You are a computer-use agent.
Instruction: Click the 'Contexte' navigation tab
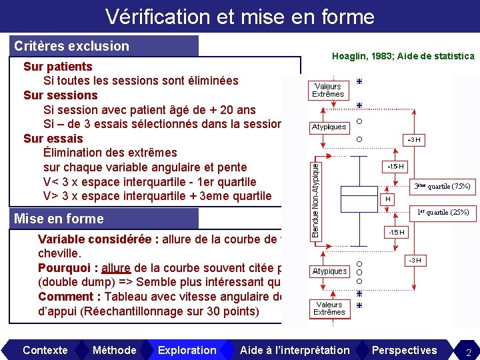click(45, 350)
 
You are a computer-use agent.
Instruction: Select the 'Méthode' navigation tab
click(114, 350)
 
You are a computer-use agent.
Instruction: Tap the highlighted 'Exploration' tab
click(187, 350)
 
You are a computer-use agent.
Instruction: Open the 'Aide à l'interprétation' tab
click(294, 350)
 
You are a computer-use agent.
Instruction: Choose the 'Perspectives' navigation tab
click(404, 350)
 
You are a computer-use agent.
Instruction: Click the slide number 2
click(468, 351)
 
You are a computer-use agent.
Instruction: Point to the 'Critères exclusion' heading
click(72, 46)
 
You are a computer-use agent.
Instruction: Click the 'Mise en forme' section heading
click(59, 219)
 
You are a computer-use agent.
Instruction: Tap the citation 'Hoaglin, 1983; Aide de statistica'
click(403, 57)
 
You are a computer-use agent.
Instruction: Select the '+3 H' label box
click(413, 140)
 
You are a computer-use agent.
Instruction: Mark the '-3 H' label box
click(413, 259)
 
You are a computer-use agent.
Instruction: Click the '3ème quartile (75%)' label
click(442, 186)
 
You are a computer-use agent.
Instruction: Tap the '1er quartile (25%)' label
click(443, 213)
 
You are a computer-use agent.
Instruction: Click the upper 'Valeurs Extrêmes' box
click(328, 90)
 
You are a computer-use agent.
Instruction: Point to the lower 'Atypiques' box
click(329, 271)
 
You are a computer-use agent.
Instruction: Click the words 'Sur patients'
click(58, 67)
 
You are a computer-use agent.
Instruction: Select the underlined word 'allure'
click(117, 268)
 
